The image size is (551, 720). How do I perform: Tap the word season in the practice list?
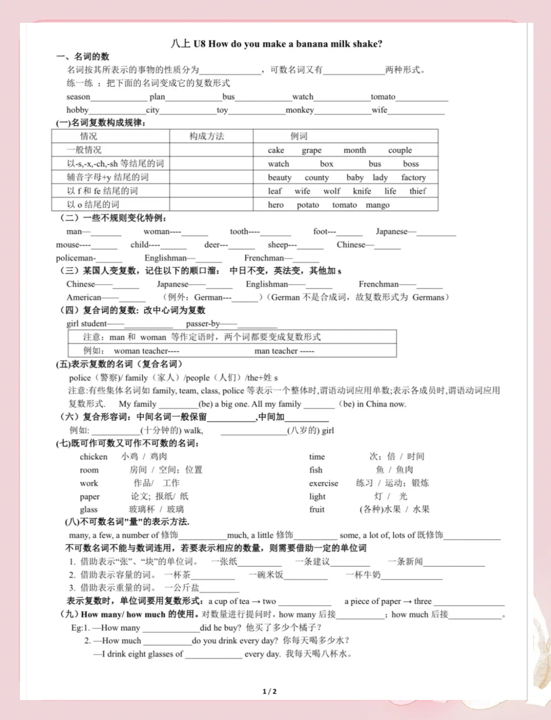(x=78, y=97)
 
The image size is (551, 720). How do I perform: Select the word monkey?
(x=300, y=110)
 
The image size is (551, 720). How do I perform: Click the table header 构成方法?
(x=206, y=136)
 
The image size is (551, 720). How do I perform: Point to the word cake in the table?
(x=276, y=150)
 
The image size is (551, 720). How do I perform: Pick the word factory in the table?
(x=413, y=178)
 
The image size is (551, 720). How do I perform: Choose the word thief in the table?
(x=418, y=191)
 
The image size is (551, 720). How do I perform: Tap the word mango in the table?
(x=377, y=205)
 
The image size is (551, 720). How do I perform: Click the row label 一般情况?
(x=84, y=150)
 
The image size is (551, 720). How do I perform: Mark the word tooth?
(x=239, y=231)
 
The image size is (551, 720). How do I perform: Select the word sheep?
(x=277, y=245)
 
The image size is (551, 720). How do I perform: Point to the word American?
(x=84, y=297)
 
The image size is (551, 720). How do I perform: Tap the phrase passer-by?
(x=203, y=324)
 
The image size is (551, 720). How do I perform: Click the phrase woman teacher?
(x=141, y=351)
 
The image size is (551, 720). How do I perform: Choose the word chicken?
(x=94, y=456)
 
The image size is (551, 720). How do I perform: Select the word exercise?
(x=323, y=483)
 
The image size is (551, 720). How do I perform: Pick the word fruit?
(x=317, y=509)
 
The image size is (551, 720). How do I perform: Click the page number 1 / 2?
(x=270, y=691)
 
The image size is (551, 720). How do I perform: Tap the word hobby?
(x=77, y=110)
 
